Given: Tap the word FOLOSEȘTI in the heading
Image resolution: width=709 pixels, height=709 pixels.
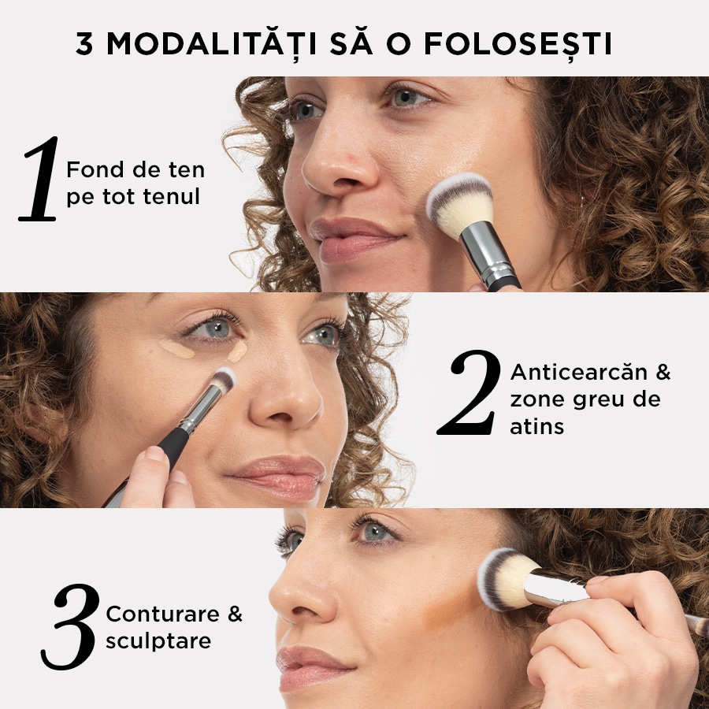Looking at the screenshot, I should (x=518, y=45).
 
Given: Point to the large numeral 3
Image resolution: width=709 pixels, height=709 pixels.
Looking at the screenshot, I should (x=71, y=626).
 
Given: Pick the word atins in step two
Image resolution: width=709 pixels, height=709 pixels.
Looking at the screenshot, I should (x=536, y=427).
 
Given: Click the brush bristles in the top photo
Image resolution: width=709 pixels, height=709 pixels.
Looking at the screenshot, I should (x=459, y=203).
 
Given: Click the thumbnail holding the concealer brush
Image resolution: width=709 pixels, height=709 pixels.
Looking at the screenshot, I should (x=154, y=455).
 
